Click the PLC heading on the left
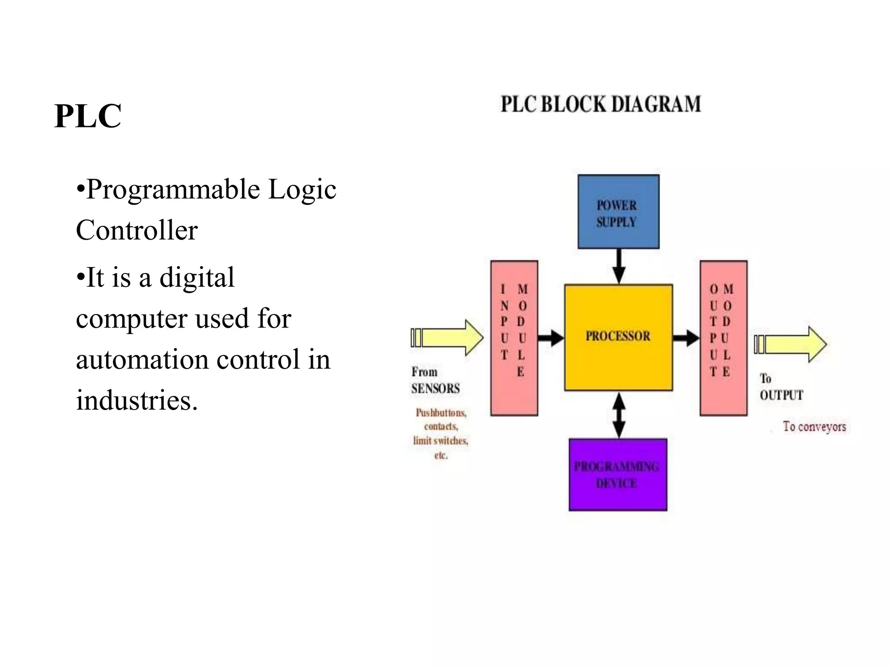pyautogui.click(x=88, y=116)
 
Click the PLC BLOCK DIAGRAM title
pyautogui.click(x=601, y=104)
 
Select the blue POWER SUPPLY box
pyautogui.click(x=618, y=212)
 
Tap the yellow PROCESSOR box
pyautogui.click(x=618, y=337)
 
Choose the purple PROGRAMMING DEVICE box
pyautogui.click(x=618, y=474)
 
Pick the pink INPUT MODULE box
pyautogui.click(x=514, y=338)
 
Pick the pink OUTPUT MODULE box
pyautogui.click(x=723, y=338)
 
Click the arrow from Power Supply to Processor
pyautogui.click(x=618, y=266)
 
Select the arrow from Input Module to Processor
pyautogui.click(x=551, y=337)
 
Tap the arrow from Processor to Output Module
pyautogui.click(x=686, y=337)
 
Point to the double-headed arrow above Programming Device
pyautogui.click(x=618, y=415)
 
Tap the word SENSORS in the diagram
pyautogui.click(x=435, y=388)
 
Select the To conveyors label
pyautogui.click(x=814, y=427)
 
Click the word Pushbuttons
pyautogui.click(x=441, y=412)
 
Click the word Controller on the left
pyautogui.click(x=137, y=230)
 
